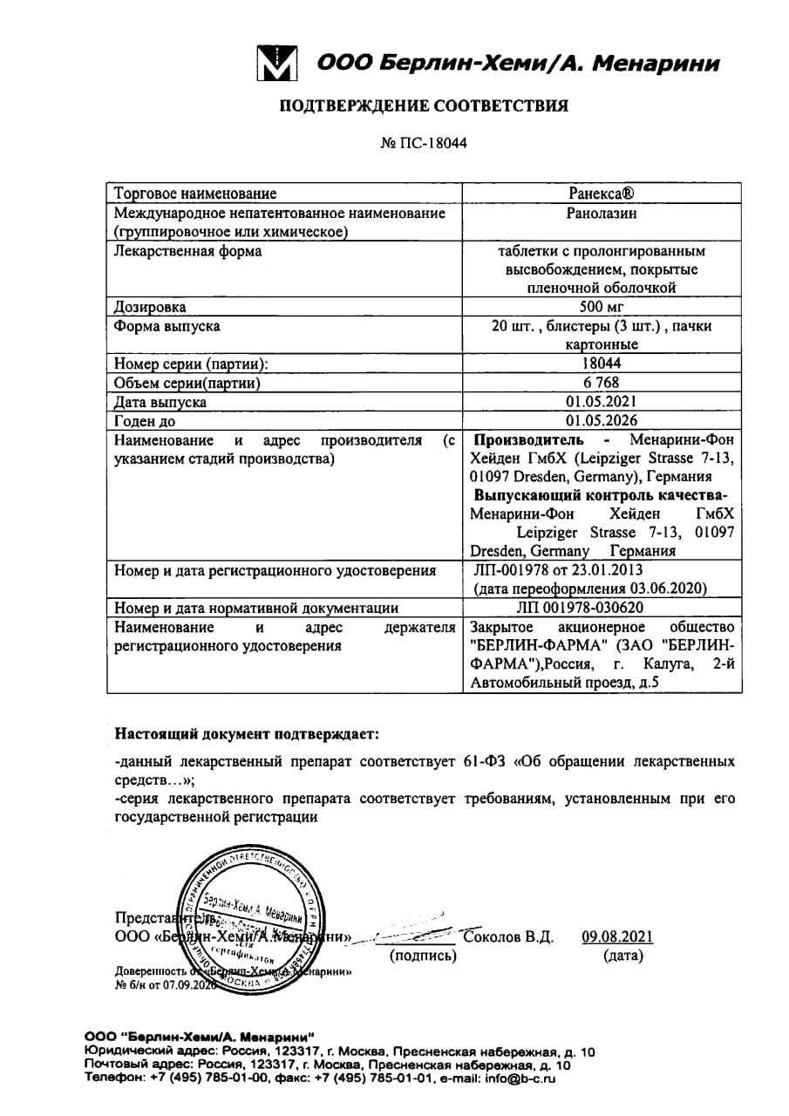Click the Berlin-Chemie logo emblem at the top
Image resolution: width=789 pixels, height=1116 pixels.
pyautogui.click(x=278, y=63)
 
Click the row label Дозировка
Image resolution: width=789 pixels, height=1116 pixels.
pyautogui.click(x=150, y=307)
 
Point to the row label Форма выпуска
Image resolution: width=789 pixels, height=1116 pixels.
pyautogui.click(x=167, y=326)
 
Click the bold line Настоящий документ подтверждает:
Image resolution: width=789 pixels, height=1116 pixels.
pyautogui.click(x=248, y=734)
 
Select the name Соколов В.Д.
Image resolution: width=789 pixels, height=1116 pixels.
pyautogui.click(x=509, y=937)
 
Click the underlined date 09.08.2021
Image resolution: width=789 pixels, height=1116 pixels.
pyautogui.click(x=617, y=937)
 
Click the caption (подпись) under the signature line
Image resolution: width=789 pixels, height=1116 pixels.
pyautogui.click(x=422, y=956)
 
